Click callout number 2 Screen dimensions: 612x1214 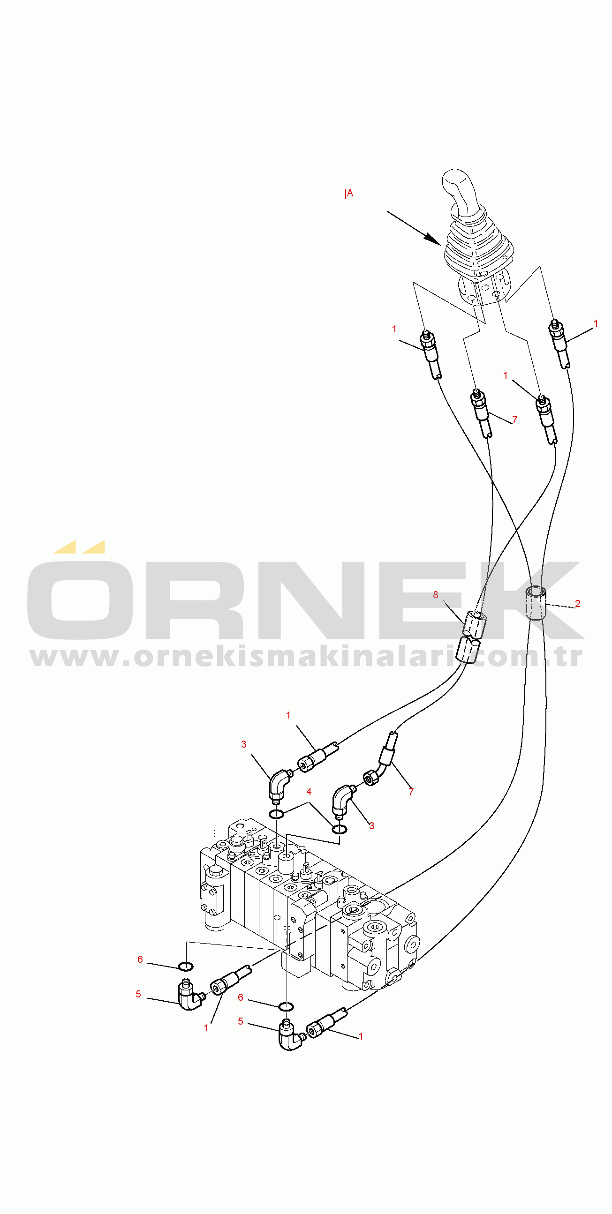point(578,603)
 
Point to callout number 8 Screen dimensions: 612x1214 point(436,595)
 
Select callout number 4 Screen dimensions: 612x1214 point(309,791)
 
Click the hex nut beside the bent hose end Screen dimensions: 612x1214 point(371,777)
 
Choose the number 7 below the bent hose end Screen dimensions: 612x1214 point(411,792)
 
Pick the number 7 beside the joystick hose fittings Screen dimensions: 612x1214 point(514,420)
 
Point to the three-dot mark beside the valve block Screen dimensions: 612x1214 point(214,833)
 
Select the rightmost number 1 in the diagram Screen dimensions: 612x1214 point(596,323)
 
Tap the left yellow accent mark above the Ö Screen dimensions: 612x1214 point(65,547)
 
